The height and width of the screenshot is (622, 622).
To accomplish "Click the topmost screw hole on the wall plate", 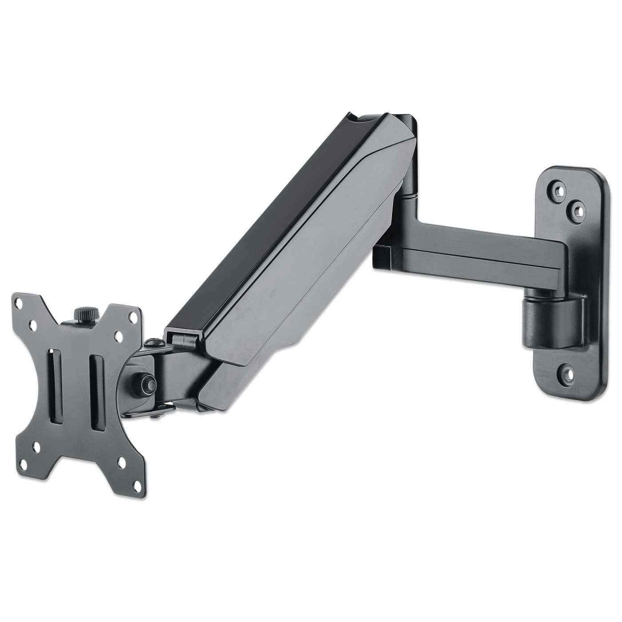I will (556, 188).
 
